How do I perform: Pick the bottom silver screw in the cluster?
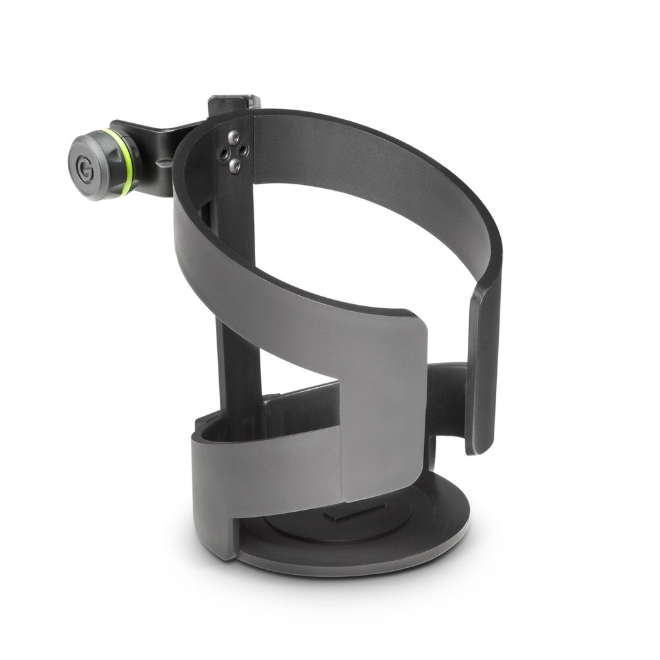pyautogui.click(x=235, y=166)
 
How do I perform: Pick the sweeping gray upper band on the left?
pyautogui.click(x=258, y=284)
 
